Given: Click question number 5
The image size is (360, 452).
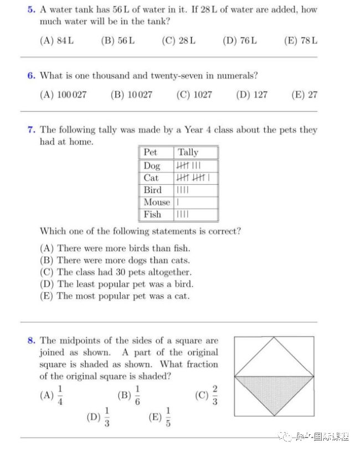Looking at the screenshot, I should click(x=31, y=10).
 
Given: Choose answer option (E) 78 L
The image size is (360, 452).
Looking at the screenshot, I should click(x=300, y=40).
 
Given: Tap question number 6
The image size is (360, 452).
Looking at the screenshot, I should click(x=31, y=75).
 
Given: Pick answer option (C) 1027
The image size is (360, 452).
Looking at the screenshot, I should click(x=194, y=95).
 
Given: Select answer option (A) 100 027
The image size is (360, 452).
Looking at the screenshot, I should click(x=63, y=95).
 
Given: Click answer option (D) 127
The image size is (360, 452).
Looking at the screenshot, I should click(x=251, y=95).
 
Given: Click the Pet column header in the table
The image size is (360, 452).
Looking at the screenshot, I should click(x=150, y=152).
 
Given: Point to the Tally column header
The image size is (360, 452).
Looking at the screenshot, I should click(x=188, y=152).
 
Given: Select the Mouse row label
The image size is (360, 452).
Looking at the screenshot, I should click(x=157, y=202).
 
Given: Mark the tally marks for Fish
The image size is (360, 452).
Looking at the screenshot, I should click(x=182, y=214).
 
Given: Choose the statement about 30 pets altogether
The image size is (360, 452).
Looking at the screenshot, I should click(x=116, y=272).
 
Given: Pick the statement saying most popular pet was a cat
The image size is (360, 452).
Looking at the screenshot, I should click(x=115, y=296).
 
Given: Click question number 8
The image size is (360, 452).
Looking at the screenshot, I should click(x=31, y=340).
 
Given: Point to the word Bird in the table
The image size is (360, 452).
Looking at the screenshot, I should click(x=152, y=190).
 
